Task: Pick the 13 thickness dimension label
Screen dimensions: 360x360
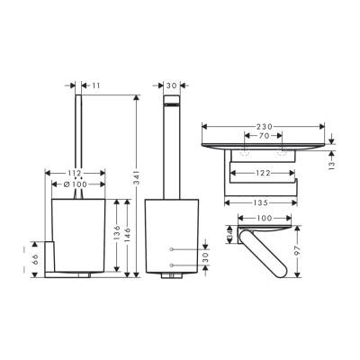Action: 332,165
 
